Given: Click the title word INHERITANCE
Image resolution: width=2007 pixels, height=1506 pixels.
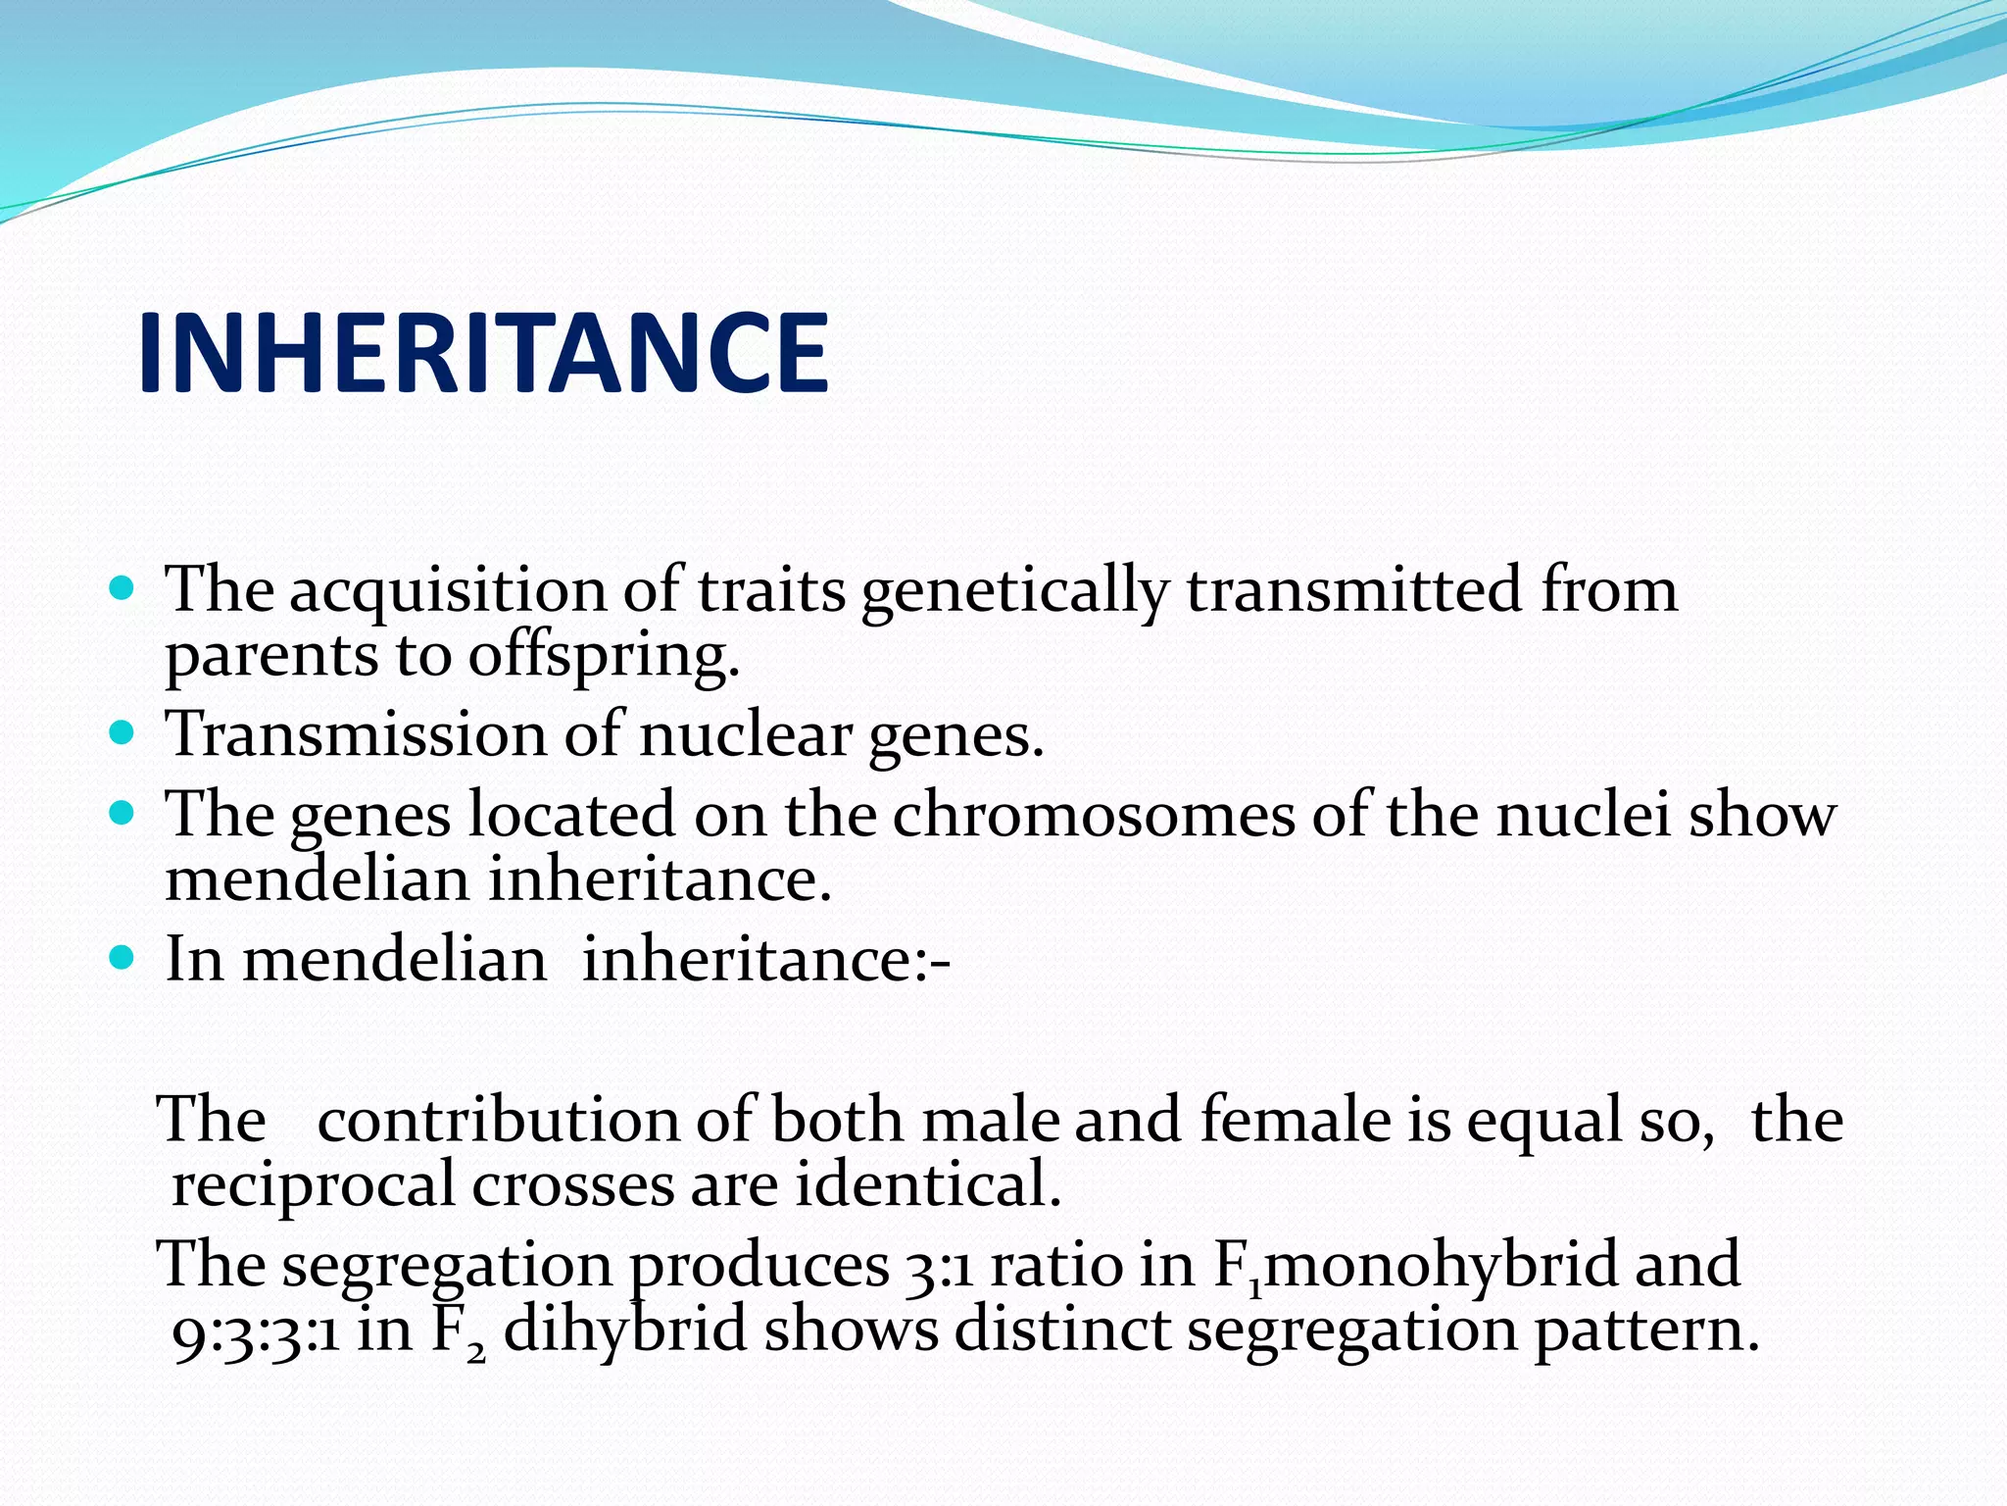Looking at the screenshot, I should [x=483, y=353].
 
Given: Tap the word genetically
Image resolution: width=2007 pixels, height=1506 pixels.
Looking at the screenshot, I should [x=1014, y=591].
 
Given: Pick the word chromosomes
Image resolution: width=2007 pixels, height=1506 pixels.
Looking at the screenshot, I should [x=1093, y=814].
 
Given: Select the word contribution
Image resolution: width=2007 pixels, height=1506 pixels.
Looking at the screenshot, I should [x=498, y=1120].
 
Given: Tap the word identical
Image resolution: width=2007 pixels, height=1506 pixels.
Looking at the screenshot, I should [x=928, y=1184].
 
